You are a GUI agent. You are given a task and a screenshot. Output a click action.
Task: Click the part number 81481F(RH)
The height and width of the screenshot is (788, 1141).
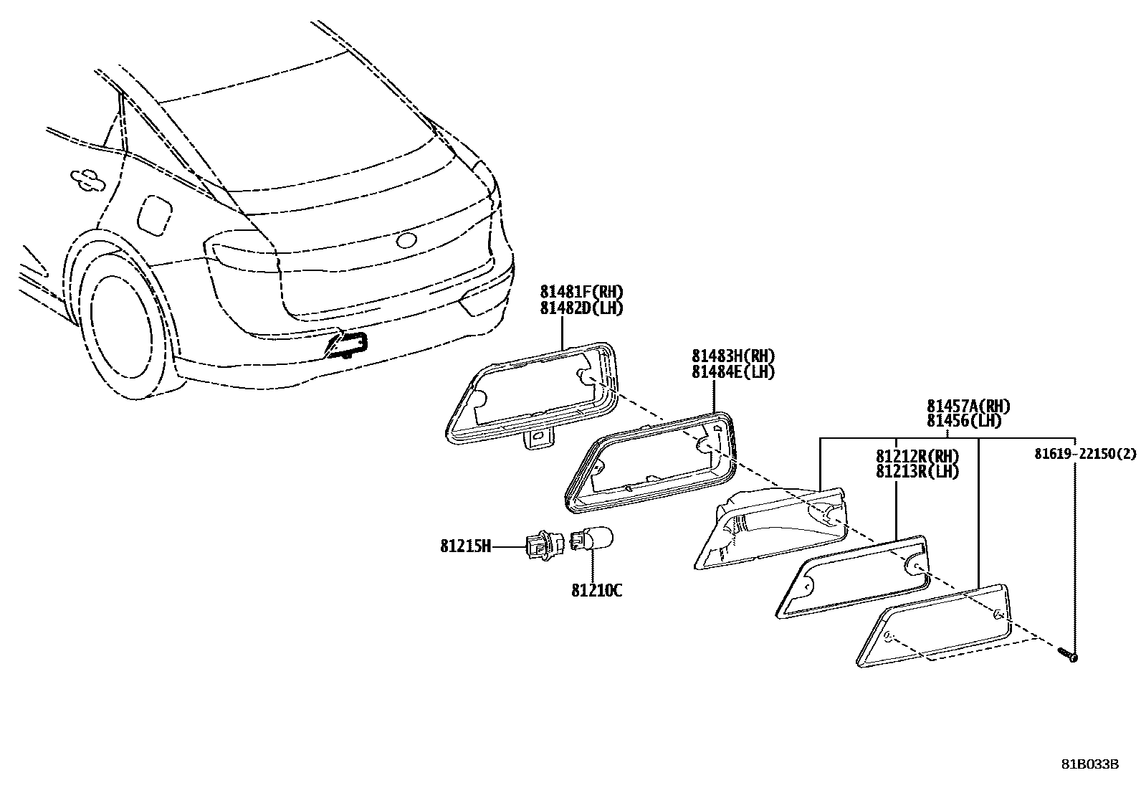tap(581, 292)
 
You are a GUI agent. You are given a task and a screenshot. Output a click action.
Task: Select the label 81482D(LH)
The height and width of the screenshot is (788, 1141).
tap(581, 308)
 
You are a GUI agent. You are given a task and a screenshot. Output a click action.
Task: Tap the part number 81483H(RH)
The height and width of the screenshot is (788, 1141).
tap(733, 356)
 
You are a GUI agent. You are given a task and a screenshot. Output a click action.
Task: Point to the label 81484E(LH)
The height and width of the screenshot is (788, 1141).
tap(733, 372)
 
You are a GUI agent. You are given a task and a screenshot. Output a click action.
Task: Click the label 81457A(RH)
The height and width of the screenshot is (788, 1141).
tap(968, 407)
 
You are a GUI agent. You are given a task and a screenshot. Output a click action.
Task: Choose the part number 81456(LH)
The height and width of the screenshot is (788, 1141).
tap(963, 422)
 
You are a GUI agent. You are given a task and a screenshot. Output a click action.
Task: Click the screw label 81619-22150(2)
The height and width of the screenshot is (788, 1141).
tap(1085, 454)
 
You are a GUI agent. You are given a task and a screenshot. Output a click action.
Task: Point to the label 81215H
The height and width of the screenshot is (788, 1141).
tap(466, 547)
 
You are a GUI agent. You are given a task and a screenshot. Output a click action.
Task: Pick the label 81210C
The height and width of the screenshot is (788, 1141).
tap(596, 591)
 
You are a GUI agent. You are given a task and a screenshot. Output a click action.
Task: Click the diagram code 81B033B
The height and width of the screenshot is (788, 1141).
tap(1089, 764)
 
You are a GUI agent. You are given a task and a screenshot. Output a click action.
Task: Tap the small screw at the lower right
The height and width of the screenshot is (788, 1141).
tap(1067, 654)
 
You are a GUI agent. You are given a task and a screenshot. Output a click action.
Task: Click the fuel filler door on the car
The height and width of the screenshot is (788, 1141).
tap(154, 214)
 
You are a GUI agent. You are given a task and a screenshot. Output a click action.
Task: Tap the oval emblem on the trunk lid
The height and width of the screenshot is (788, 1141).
tap(408, 240)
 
